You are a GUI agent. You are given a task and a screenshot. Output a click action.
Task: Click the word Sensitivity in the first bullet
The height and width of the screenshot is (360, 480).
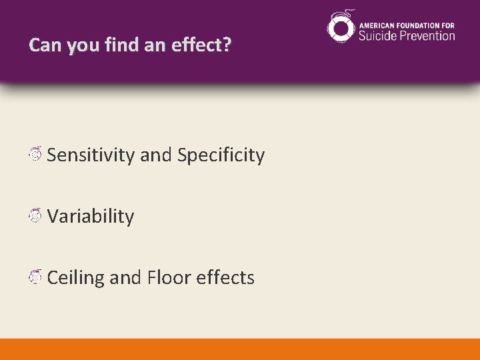91,155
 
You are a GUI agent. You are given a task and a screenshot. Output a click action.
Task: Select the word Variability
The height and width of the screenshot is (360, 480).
91,216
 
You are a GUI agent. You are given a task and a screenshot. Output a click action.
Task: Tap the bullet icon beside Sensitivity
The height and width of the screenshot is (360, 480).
37,155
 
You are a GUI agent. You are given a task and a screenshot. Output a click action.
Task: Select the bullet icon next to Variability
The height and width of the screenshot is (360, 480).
37,215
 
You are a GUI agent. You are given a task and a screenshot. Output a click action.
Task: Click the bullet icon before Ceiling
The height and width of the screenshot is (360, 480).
37,277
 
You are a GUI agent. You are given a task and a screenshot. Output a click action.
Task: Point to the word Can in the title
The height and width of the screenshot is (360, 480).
43,45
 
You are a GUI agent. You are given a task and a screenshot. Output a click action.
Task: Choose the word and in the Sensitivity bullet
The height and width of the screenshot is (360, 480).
156,155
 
